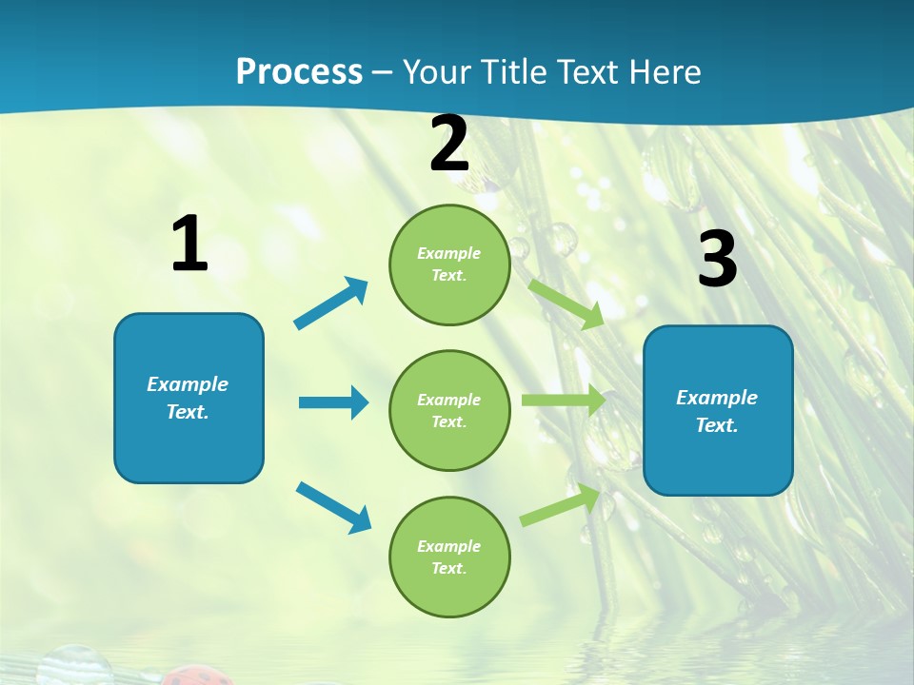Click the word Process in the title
[299, 72]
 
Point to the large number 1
[189, 245]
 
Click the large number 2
[449, 145]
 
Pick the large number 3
[717, 260]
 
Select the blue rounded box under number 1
[189, 398]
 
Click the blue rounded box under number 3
[718, 410]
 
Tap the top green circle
[449, 264]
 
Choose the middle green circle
[449, 410]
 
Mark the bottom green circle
[449, 557]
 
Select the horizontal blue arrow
[333, 402]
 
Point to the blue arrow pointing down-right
[334, 507]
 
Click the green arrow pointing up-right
[561, 505]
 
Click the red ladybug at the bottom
[195, 677]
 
